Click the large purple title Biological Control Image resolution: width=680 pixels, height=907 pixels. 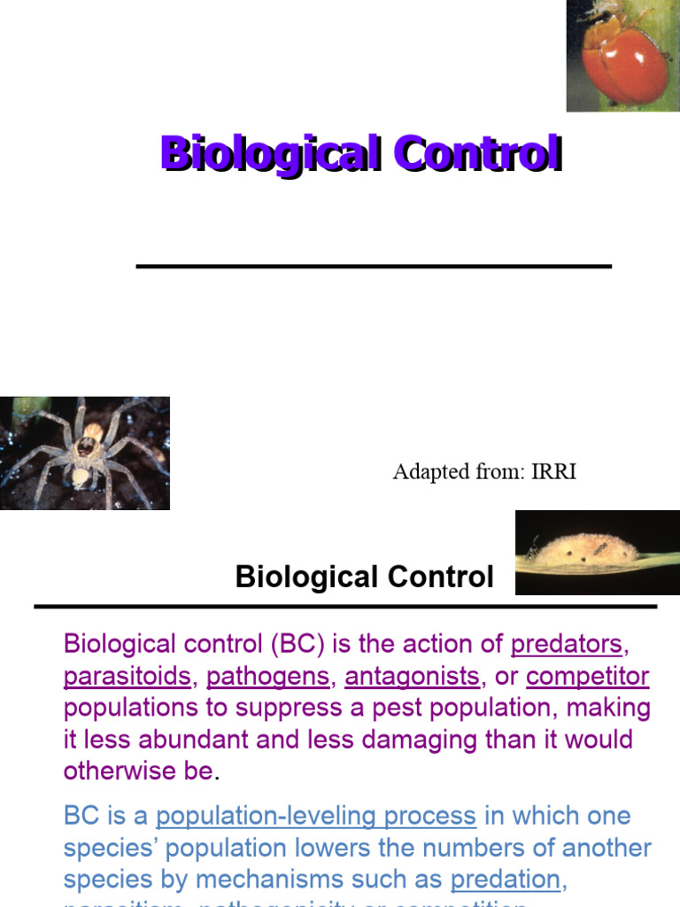(360, 154)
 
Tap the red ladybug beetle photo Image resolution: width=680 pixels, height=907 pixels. (622, 55)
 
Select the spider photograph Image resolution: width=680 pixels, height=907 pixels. (84, 453)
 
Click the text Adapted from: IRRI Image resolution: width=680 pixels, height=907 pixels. (484, 471)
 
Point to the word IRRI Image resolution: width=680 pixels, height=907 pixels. (553, 471)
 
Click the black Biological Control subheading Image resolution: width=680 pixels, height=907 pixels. (364, 578)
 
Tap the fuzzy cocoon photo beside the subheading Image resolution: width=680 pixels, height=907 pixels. (597, 552)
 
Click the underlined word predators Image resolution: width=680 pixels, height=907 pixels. (568, 644)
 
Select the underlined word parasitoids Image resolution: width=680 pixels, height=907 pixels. (127, 677)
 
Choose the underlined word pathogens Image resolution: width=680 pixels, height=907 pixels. (267, 677)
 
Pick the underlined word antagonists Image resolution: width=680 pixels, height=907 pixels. (412, 677)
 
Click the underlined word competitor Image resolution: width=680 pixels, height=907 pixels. (587, 677)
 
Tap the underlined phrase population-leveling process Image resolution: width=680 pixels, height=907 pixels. (316, 815)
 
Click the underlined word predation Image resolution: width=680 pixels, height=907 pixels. (506, 880)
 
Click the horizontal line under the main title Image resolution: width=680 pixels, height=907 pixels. (374, 266)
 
